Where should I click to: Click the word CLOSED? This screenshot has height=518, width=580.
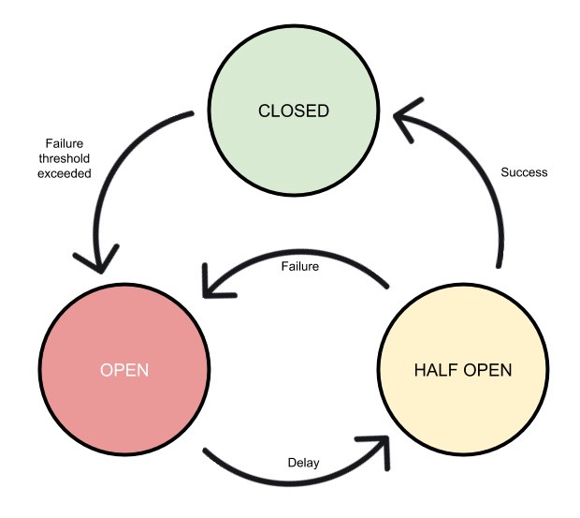tap(293, 111)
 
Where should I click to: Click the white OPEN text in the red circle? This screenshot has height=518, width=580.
tap(123, 369)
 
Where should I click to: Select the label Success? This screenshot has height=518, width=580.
tap(524, 172)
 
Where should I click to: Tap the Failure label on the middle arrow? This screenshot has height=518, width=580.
tap(300, 267)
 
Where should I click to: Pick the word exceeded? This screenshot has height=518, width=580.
tap(65, 172)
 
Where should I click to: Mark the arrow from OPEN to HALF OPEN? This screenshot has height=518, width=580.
tap(281, 478)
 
